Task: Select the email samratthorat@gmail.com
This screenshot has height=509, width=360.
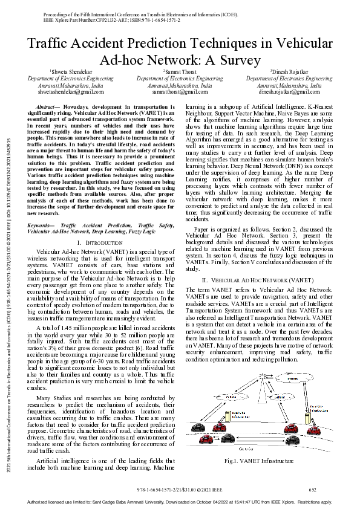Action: pos(180,92)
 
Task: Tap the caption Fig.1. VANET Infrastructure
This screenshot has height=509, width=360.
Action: pos(258,461)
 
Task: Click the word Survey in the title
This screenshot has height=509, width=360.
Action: pos(241,60)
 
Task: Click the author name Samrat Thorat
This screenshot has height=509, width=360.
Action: pos(180,72)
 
